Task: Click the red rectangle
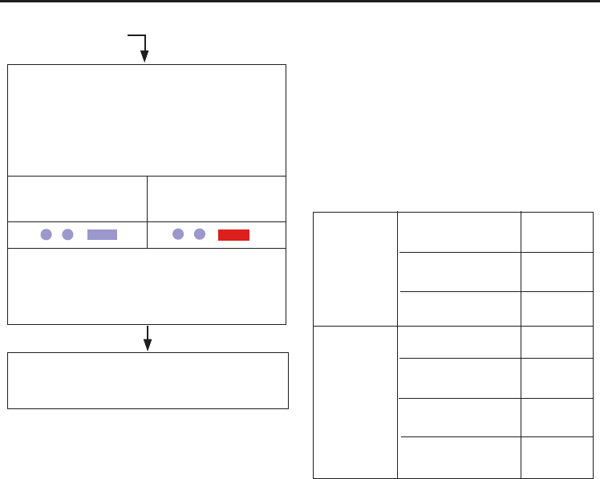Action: pyautogui.click(x=234, y=234)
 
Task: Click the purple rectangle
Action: pyautogui.click(x=102, y=234)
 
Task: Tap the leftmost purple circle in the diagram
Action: pyautogui.click(x=47, y=234)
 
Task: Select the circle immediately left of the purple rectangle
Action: pyautogui.click(x=68, y=234)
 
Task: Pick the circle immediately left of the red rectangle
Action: pyautogui.click(x=200, y=233)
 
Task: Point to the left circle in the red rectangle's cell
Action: pyautogui.click(x=178, y=233)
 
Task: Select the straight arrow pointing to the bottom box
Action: pyautogui.click(x=147, y=337)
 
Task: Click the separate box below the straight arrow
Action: pyautogui.click(x=148, y=380)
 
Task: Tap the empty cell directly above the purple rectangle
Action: pyautogui.click(x=77, y=198)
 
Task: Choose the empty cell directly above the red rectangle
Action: pyautogui.click(x=217, y=198)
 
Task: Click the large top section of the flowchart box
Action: pyautogui.click(x=147, y=120)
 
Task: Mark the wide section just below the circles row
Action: pyautogui.click(x=147, y=286)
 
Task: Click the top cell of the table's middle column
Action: pyautogui.click(x=459, y=232)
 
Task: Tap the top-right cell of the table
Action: pyautogui.click(x=556, y=232)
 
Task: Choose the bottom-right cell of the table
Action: pyautogui.click(x=556, y=457)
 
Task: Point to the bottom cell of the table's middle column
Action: pyautogui.click(x=459, y=457)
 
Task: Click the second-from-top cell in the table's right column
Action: pyautogui.click(x=556, y=272)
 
